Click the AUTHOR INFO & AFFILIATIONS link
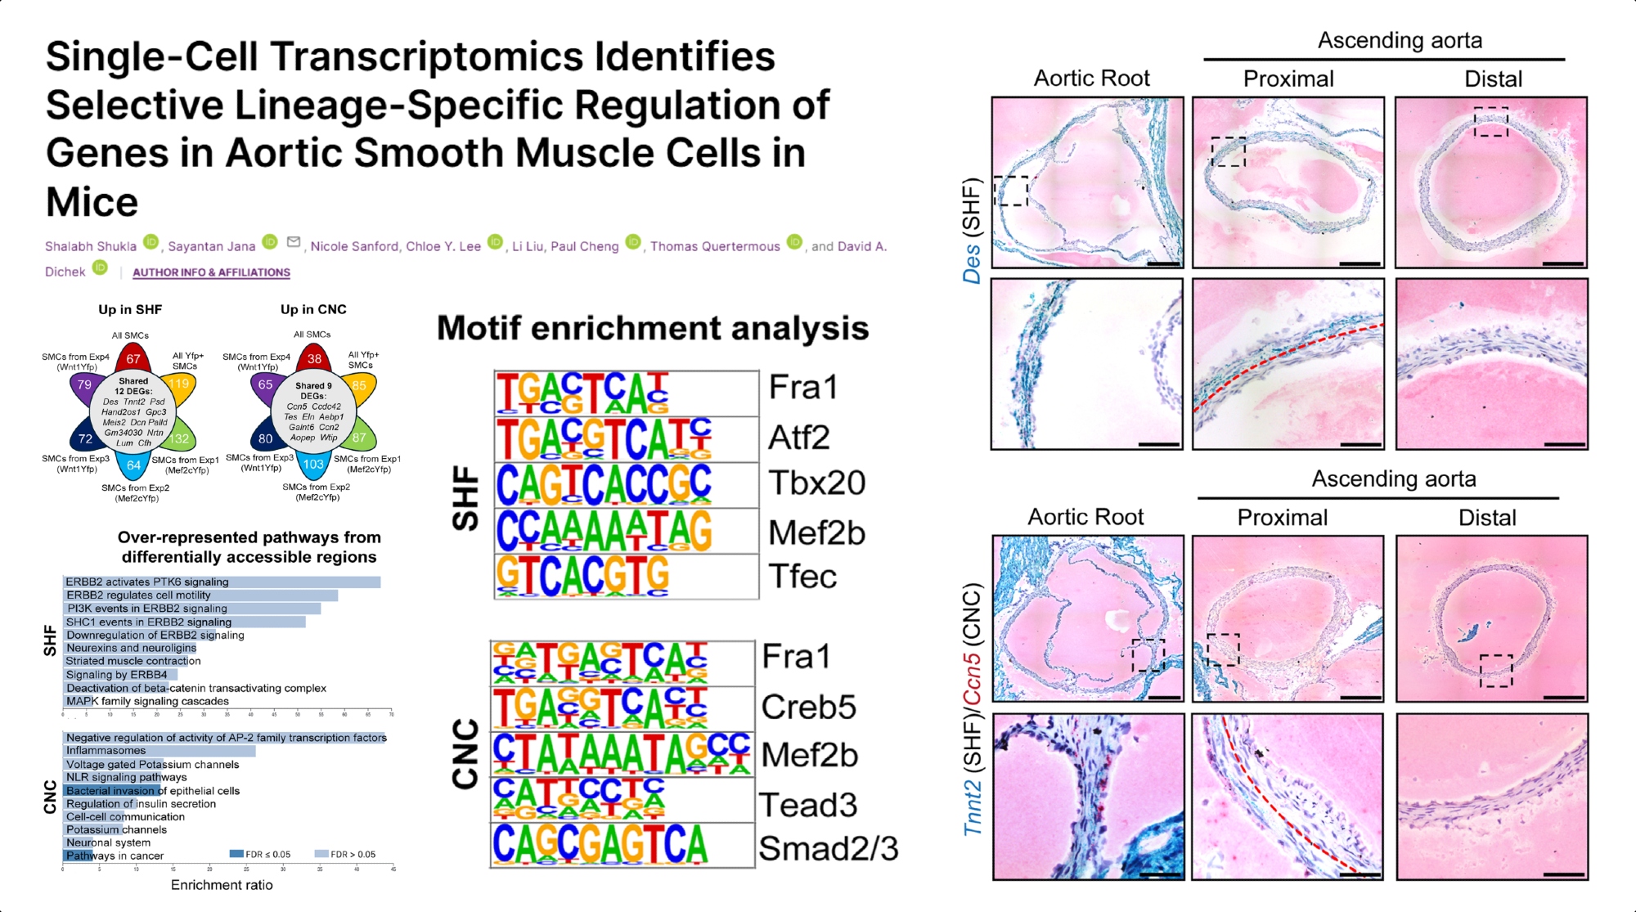click(211, 272)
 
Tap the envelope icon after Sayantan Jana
click(294, 242)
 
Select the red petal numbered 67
click(133, 358)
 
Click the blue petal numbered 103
click(313, 464)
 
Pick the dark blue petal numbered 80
click(266, 438)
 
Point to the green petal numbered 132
click(180, 438)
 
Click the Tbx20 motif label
click(816, 483)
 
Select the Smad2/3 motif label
click(828, 849)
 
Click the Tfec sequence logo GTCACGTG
click(583, 577)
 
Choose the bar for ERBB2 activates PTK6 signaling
click(222, 582)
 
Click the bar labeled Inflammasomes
click(160, 751)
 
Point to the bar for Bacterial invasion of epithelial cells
click(112, 791)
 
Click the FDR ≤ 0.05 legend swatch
click(236, 854)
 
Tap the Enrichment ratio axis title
click(222, 885)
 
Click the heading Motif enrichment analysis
click(653, 329)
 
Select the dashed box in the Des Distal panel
click(1490, 121)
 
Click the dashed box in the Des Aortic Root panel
click(1011, 191)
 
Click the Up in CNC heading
click(313, 309)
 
